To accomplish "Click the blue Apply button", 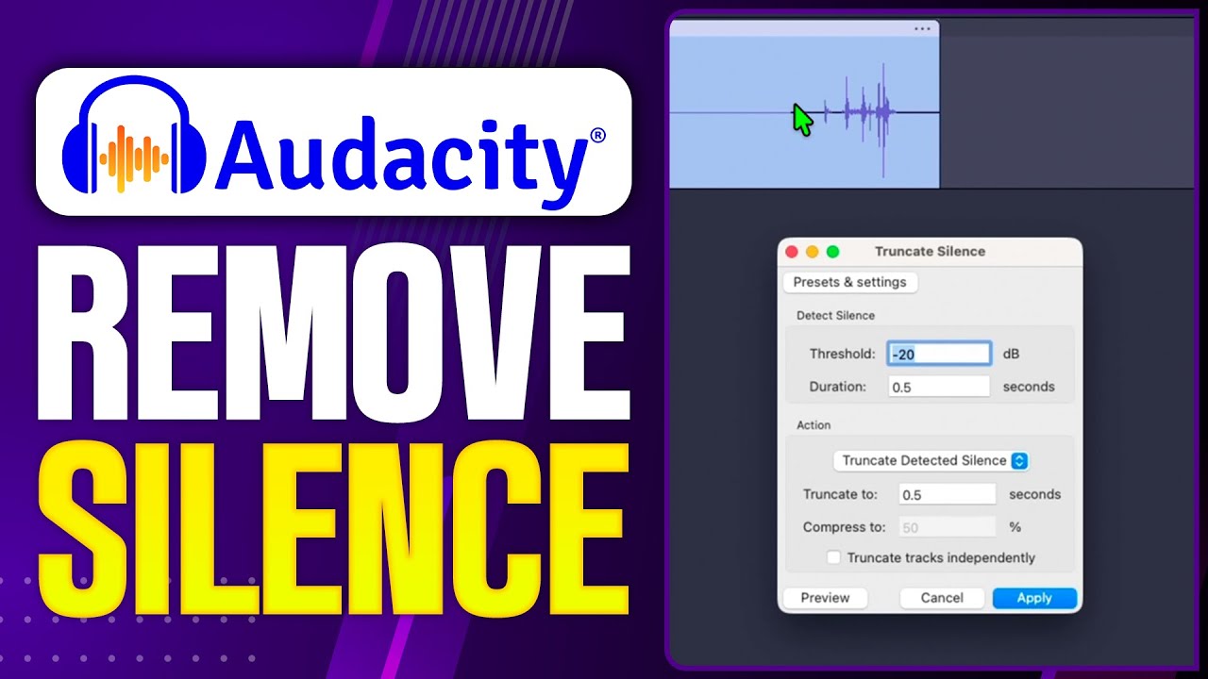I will pyautogui.click(x=1034, y=598).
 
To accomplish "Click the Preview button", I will pyautogui.click(x=825, y=598).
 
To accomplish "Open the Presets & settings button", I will pyautogui.click(x=849, y=282).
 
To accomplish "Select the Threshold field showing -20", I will pyautogui.click(x=938, y=355).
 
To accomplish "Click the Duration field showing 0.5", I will pyautogui.click(x=938, y=387).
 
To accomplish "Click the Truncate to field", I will pyautogui.click(x=946, y=494).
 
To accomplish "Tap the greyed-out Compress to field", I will pyautogui.click(x=946, y=528).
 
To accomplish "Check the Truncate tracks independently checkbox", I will pyautogui.click(x=833, y=557).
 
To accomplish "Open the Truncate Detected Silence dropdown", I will pyautogui.click(x=931, y=461).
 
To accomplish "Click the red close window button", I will pyautogui.click(x=792, y=252).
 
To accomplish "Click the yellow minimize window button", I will pyautogui.click(x=812, y=252).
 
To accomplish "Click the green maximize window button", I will pyautogui.click(x=832, y=252).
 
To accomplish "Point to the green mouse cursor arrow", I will pyautogui.click(x=801, y=120).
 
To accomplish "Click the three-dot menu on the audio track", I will pyautogui.click(x=922, y=29).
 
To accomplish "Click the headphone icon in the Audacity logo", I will pyautogui.click(x=133, y=141).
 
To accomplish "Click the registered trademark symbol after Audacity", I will pyautogui.click(x=597, y=136).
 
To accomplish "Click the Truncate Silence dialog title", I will pyautogui.click(x=930, y=252).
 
